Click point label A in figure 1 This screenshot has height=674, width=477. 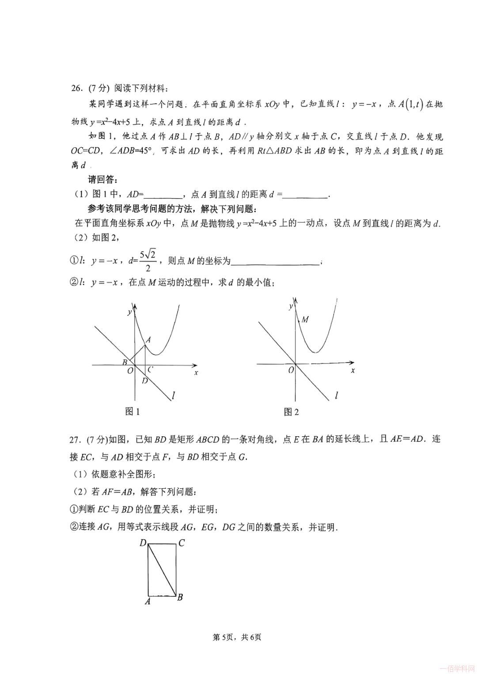tap(148, 340)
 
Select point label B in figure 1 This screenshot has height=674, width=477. tap(125, 362)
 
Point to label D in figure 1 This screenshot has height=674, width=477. tap(144, 380)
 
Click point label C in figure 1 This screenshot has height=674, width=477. tap(151, 370)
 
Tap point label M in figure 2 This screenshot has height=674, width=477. tap(305, 319)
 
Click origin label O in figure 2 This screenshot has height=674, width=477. tap(291, 370)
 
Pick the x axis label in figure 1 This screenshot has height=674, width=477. tap(196, 373)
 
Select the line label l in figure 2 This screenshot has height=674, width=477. tap(337, 395)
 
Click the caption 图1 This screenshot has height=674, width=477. tap(132, 412)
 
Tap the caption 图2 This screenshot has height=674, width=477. tap(291, 412)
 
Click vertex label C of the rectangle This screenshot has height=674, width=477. tap(182, 543)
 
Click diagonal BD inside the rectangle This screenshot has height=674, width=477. tap(162, 569)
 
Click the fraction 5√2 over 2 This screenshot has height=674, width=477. tap(148, 261)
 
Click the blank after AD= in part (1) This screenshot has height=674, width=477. tap(163, 194)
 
